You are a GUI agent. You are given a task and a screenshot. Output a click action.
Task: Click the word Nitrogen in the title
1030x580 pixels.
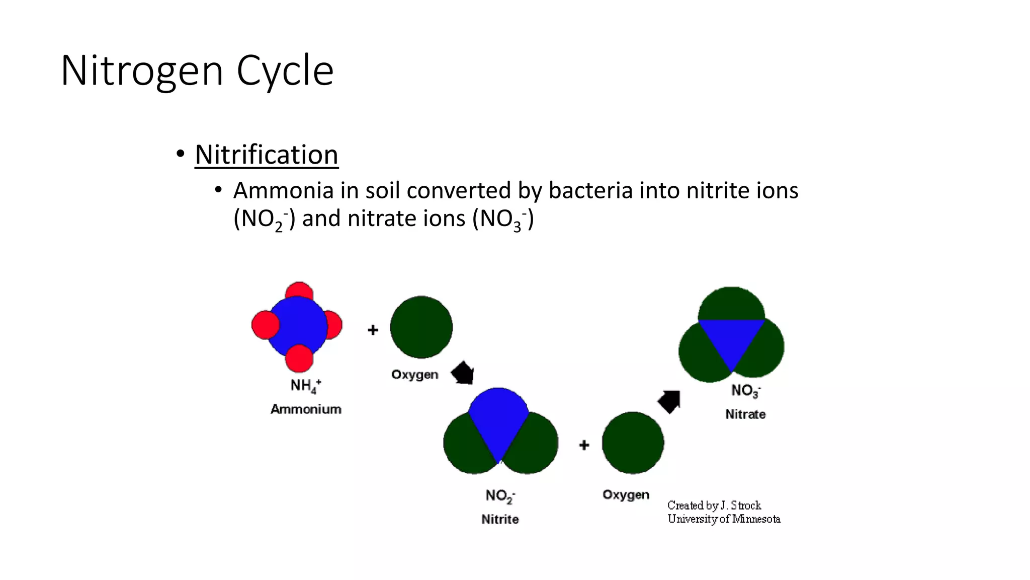point(142,71)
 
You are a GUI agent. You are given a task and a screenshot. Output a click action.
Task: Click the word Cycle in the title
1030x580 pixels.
point(285,71)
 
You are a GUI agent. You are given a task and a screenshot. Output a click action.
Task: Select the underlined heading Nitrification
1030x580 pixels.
point(266,155)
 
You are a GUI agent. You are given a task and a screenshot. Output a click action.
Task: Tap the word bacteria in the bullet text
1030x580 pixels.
point(588,191)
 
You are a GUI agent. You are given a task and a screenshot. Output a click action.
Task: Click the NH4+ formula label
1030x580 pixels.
point(305,386)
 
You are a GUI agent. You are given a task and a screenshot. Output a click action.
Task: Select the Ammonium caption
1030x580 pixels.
point(306,409)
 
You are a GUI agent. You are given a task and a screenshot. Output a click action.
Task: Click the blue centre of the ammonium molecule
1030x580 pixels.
point(297,326)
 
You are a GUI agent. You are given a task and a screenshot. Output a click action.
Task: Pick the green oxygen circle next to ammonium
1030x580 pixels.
point(421,327)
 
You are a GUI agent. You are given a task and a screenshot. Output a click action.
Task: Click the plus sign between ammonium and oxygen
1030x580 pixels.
point(373,330)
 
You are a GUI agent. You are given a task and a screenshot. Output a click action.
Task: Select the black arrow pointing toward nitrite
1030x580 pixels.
point(463,373)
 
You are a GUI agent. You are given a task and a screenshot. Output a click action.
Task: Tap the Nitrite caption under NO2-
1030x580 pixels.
point(500,519)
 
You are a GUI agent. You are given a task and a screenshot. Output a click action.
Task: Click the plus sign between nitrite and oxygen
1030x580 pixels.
point(584,445)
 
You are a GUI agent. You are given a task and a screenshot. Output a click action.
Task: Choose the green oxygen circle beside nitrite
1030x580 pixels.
point(633,443)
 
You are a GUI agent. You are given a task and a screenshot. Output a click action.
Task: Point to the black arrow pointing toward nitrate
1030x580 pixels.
point(670,401)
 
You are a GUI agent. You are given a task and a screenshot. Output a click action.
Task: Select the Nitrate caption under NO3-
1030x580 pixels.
point(745,414)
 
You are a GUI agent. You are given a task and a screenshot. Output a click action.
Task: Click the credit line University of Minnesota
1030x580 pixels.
point(724,519)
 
